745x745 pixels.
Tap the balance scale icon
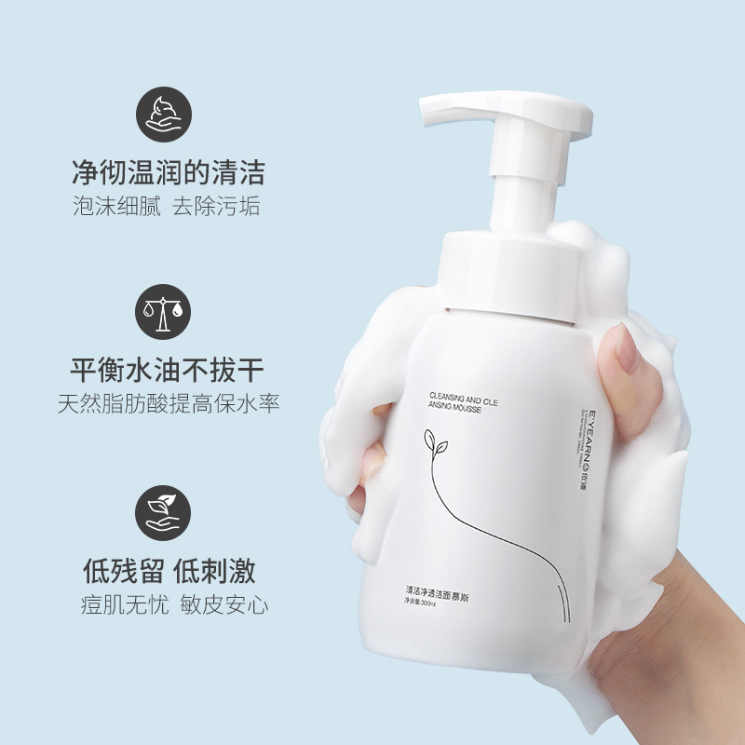click(163, 312)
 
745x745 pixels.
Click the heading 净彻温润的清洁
click(169, 172)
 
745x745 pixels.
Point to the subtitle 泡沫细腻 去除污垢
click(167, 206)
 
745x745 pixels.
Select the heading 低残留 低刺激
click(169, 570)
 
